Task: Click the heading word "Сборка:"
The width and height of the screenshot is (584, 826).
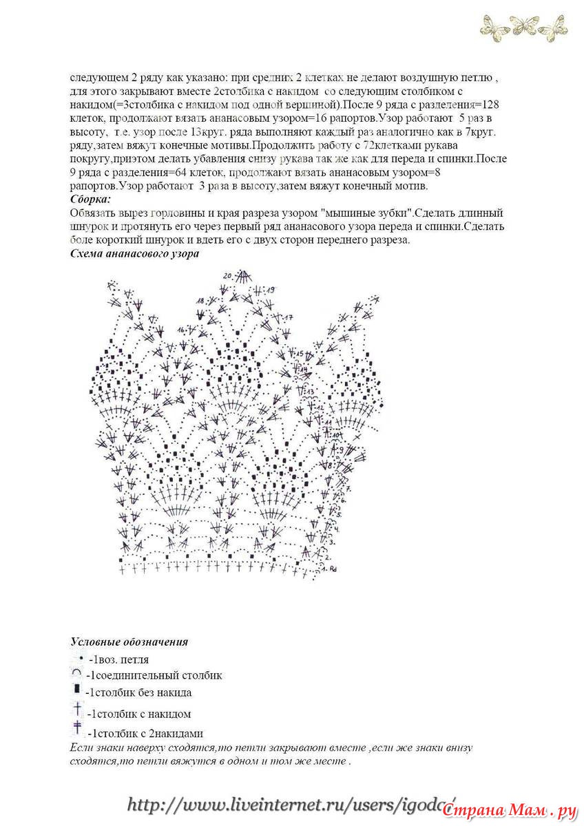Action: (x=91, y=200)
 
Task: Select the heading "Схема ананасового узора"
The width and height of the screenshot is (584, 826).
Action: (x=135, y=253)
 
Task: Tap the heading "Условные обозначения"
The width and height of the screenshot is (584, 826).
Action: (x=129, y=642)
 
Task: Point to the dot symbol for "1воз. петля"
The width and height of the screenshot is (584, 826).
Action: (x=80, y=658)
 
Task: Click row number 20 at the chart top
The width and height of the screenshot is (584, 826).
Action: (x=227, y=275)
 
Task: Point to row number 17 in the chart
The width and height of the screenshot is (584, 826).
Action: (x=289, y=317)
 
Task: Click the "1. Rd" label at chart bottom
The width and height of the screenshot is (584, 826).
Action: (x=328, y=569)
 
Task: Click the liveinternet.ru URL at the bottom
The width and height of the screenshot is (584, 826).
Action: (x=289, y=804)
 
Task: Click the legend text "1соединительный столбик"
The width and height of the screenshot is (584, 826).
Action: (x=155, y=676)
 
